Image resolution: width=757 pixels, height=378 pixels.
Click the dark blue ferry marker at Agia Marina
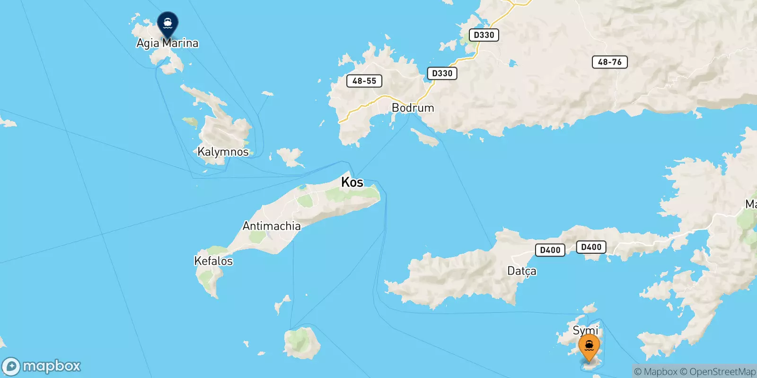click(x=167, y=23)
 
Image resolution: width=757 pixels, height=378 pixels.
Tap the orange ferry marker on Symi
click(x=589, y=346)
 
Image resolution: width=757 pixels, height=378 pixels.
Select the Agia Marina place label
click(x=167, y=43)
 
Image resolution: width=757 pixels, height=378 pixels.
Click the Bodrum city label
click(x=413, y=108)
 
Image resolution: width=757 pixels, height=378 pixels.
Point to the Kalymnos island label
click(x=223, y=152)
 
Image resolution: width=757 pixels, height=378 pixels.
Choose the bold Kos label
click(x=352, y=182)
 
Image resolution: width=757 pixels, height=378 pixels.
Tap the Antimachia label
click(x=272, y=226)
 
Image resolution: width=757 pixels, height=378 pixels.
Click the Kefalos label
click(x=213, y=261)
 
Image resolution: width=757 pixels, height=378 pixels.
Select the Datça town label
click(x=522, y=271)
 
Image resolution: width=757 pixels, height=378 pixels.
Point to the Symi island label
click(x=585, y=330)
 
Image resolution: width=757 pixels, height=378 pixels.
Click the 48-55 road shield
click(x=364, y=81)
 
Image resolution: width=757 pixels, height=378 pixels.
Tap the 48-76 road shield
click(x=609, y=62)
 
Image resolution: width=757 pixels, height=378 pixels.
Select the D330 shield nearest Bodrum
click(x=442, y=73)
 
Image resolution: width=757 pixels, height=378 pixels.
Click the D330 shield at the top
click(x=484, y=35)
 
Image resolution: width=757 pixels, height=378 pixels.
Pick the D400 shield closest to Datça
click(x=550, y=250)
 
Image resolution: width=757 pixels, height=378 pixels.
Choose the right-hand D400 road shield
click(x=591, y=247)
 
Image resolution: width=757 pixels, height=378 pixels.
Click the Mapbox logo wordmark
click(x=51, y=366)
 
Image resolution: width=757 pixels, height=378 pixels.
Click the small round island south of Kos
click(x=301, y=342)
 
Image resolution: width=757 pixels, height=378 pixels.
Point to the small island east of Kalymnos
click(x=290, y=156)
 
